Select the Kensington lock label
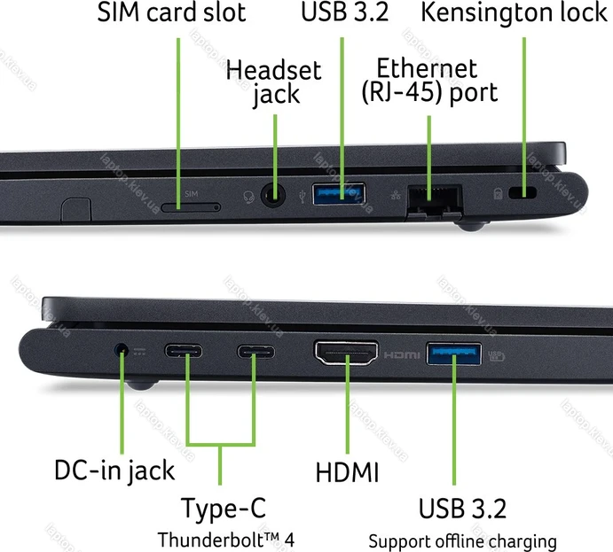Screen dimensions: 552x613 coord(513,13)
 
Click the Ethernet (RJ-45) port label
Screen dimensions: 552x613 coord(428,80)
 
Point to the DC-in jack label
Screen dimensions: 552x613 coord(114,470)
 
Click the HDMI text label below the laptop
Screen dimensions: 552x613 coord(347,471)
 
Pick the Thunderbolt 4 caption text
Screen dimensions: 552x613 coord(224,539)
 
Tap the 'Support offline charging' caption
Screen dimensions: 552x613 coord(462,540)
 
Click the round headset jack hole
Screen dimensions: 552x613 coord(275,193)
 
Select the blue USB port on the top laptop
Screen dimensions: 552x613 coord(339,192)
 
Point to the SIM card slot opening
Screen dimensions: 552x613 coord(191,207)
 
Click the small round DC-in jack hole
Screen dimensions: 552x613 coord(122,352)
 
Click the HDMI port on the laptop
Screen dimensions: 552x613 coord(346,355)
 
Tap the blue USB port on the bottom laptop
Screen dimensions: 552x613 coord(454,355)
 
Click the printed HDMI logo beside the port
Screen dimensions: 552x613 coord(402,355)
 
